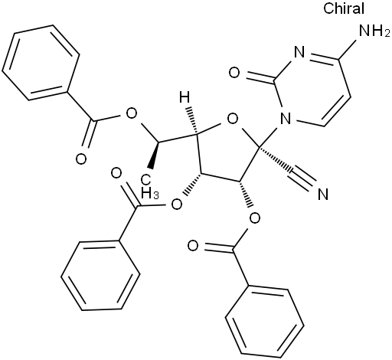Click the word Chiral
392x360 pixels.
(344, 8)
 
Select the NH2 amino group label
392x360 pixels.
(374, 31)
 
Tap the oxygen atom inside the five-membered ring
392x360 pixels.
(233, 119)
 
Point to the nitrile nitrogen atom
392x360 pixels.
(323, 195)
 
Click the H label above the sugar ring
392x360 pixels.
(185, 97)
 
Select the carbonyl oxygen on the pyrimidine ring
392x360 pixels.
(234, 73)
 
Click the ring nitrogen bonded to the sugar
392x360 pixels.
(286, 118)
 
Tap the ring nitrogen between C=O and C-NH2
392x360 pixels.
(299, 53)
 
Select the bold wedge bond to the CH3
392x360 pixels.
(155, 155)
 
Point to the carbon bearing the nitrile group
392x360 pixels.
(259, 147)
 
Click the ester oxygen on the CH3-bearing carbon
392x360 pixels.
(132, 115)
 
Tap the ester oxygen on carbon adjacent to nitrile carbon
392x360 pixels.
(255, 218)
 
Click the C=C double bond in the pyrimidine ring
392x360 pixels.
(336, 112)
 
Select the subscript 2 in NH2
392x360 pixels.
(387, 34)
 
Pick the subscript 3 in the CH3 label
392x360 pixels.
(155, 196)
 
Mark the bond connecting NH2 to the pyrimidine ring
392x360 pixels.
(349, 50)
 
